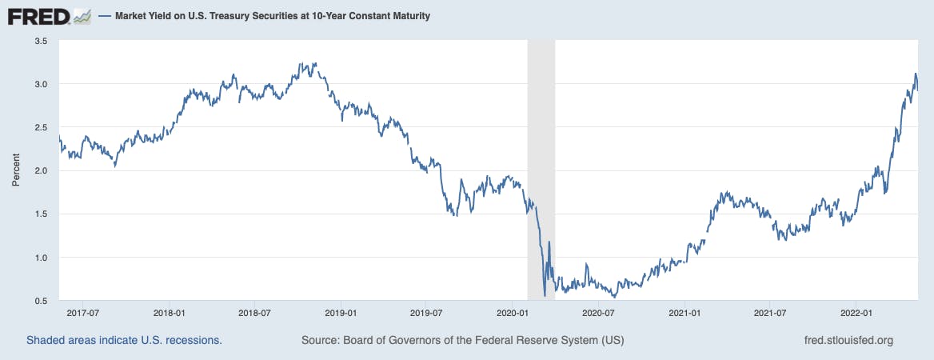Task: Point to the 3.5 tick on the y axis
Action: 41,41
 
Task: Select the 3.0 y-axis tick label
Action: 41,84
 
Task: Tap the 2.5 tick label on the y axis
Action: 41,127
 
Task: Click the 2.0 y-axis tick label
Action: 41,170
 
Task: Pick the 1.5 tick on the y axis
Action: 41,214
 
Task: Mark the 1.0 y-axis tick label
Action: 41,258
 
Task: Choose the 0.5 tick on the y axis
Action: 41,301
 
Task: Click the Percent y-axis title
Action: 16,170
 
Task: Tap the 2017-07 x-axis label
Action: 82,313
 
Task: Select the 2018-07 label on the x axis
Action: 253,313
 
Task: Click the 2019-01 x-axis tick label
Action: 340,313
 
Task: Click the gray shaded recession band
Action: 541,160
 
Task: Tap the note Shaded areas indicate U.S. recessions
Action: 124,340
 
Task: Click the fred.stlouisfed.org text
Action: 848,340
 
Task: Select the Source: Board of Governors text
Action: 462,340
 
